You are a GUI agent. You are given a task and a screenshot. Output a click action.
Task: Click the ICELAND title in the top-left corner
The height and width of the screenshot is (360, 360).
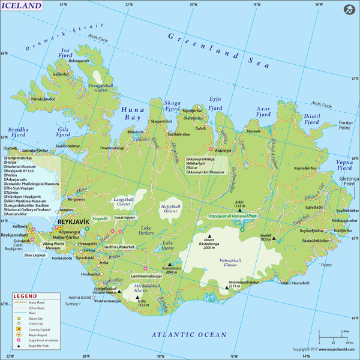[x=23, y=6]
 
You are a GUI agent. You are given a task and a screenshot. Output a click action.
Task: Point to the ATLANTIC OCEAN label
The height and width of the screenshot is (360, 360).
[x=188, y=334]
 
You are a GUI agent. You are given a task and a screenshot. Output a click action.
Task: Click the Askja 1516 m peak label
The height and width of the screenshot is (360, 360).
[x=239, y=203]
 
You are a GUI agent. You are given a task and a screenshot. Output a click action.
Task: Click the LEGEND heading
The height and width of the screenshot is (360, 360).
[x=25, y=296]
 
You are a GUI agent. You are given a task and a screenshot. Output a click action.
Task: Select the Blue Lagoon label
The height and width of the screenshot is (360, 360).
[x=35, y=255]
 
